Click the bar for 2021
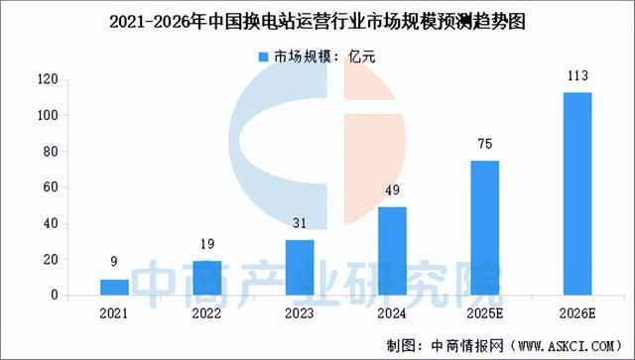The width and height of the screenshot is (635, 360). click(x=115, y=288)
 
